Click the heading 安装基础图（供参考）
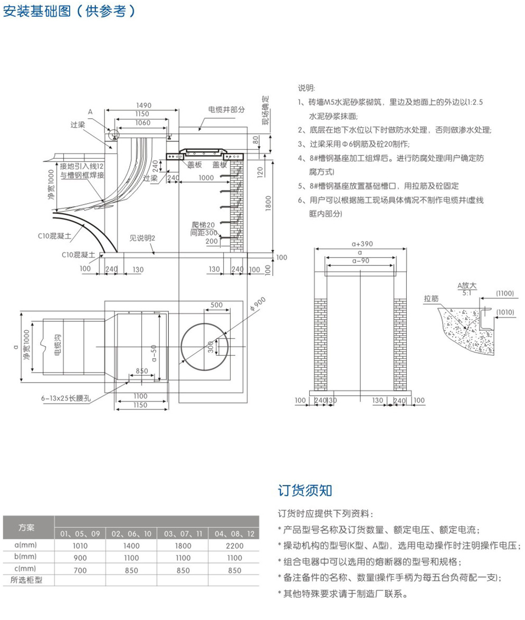coord(69,11)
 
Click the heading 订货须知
coord(305,490)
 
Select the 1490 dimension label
coord(144,106)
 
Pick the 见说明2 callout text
coord(142,239)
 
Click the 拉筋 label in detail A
coord(431,298)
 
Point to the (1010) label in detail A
coord(505,312)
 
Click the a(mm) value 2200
coord(234,546)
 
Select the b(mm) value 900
coord(80,558)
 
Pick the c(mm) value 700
coord(80,570)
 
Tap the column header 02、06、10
coord(131,534)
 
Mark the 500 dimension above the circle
coord(216,305)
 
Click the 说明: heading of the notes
coord(306,87)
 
